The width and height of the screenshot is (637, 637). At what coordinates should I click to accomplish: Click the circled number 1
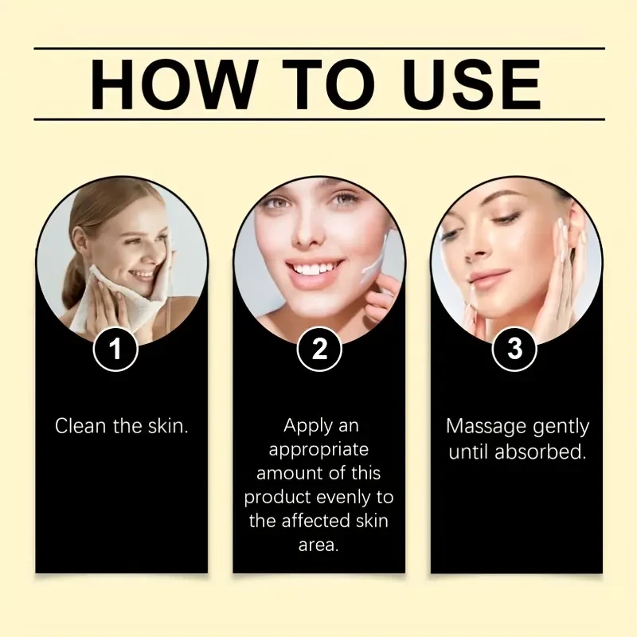pos(116,350)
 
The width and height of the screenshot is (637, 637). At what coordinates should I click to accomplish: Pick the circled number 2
pos(319,350)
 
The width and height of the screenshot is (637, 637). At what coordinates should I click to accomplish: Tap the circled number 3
pos(516,350)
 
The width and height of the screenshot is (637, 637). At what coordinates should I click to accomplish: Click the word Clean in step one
pos(80,425)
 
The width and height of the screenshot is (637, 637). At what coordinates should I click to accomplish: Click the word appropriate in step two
pos(318,449)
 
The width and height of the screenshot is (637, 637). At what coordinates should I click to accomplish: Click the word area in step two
pos(318,546)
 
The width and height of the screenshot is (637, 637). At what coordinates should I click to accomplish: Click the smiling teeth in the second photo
pos(314,269)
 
